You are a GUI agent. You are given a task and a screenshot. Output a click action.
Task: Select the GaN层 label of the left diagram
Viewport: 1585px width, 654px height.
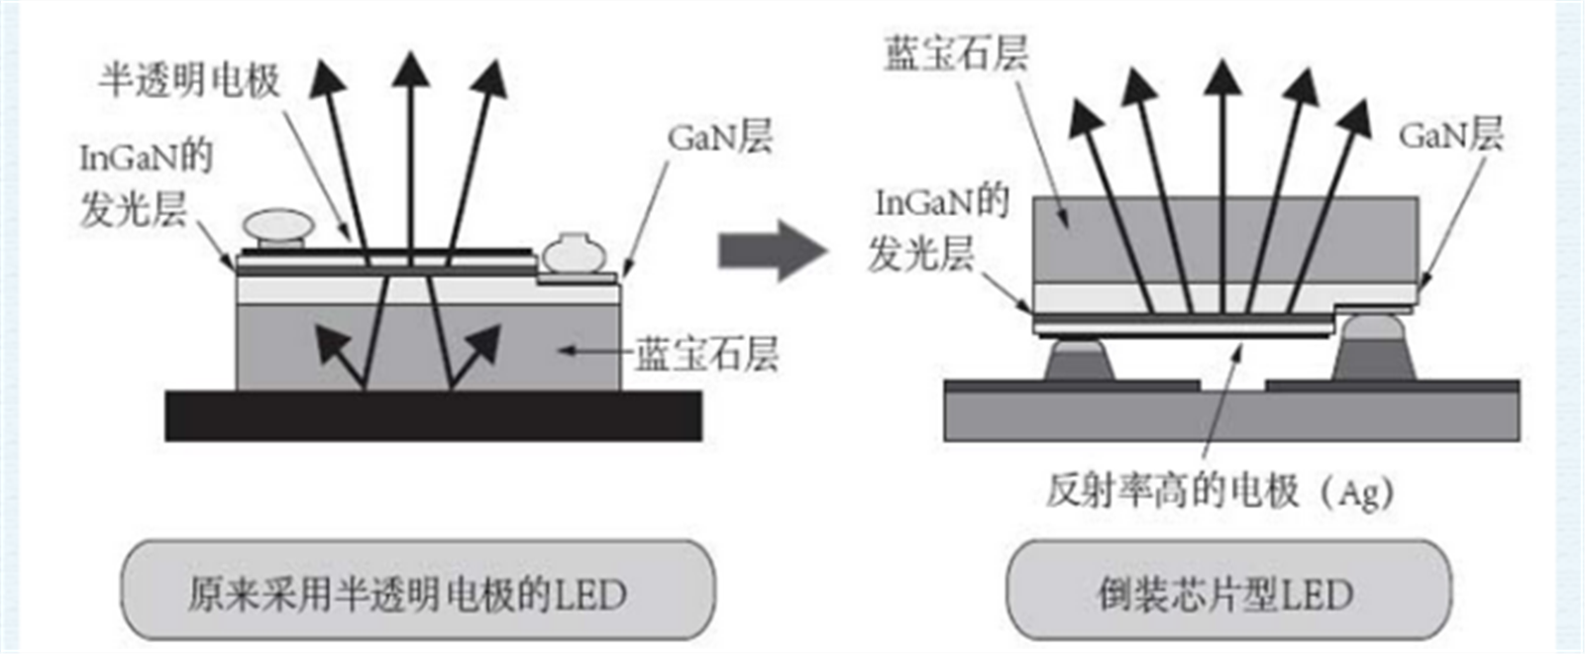[720, 137]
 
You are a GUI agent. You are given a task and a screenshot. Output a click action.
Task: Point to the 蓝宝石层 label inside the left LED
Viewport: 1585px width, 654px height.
[706, 353]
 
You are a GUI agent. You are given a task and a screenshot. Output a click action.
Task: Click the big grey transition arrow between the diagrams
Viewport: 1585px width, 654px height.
[771, 250]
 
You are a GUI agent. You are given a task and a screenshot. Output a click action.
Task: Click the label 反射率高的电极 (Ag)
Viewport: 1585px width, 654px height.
[1219, 490]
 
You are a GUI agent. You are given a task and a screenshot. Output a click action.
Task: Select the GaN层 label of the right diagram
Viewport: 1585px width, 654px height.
[1450, 135]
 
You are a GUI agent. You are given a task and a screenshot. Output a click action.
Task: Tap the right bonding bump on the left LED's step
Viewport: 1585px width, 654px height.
[574, 254]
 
